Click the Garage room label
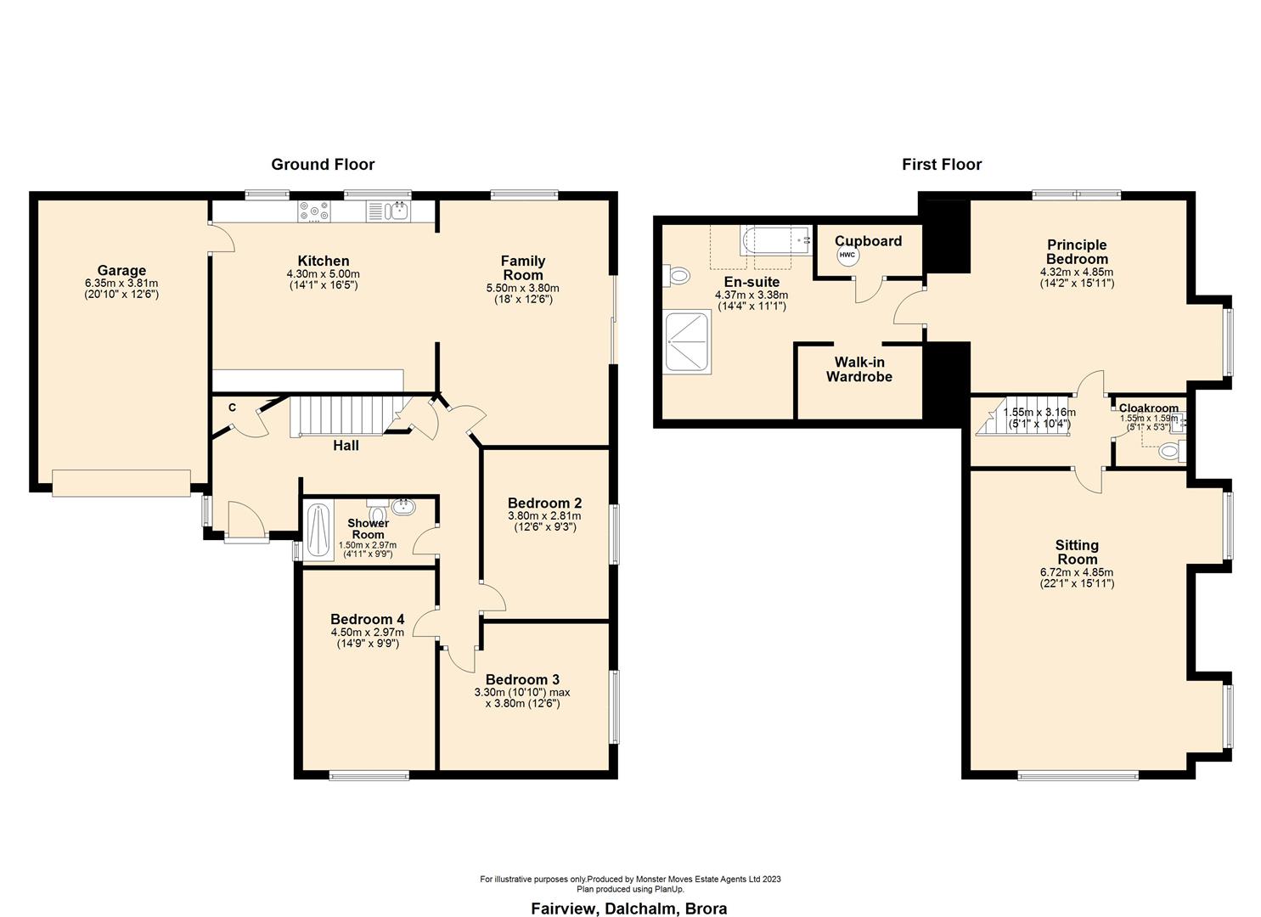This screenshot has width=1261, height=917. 121,271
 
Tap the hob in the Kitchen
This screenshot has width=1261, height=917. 314,211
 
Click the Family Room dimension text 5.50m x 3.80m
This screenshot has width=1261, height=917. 522,288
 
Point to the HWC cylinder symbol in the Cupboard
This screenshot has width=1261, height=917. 847,255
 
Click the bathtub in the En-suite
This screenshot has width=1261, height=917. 774,240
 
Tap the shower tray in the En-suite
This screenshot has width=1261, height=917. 687,341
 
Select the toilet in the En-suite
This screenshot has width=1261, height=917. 678,275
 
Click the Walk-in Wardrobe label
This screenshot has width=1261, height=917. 858,369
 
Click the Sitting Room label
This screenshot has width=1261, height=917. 1077,552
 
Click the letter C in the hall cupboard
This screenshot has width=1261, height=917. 232,408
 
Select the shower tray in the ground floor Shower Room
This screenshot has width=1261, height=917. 318,531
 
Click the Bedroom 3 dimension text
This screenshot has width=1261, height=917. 522,698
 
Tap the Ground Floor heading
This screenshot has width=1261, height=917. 323,165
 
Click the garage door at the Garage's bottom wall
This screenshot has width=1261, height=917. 121,482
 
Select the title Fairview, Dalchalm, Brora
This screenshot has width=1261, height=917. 628,909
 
